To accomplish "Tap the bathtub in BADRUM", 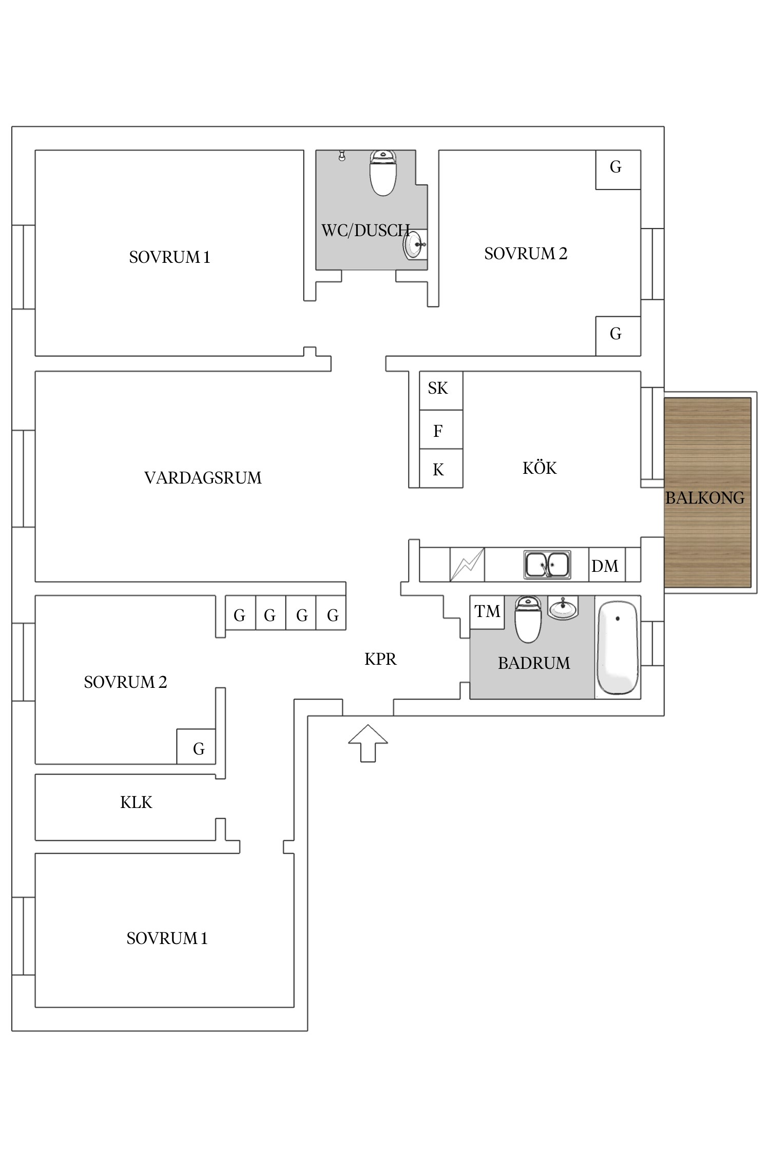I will point(618,648).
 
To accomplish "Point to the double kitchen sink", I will point(547,564).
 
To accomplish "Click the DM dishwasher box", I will point(606,565).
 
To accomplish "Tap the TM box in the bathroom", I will point(487,611).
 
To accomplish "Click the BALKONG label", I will point(705,497).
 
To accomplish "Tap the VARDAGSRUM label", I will point(203,478).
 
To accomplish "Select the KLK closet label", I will point(136,802).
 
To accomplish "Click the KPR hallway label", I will point(380,659).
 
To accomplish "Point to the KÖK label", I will point(540,468).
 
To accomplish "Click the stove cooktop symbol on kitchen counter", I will point(467,565).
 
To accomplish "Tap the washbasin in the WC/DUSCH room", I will point(414,245).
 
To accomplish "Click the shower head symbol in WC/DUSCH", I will point(342,155).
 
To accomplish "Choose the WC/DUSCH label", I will point(365,230).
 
